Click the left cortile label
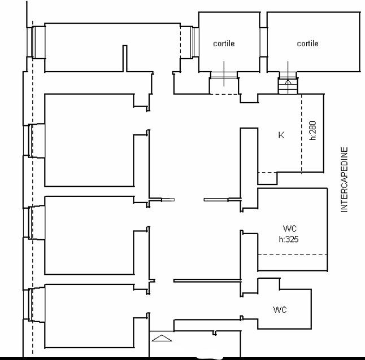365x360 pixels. [x=224, y=43]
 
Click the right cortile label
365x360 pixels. [x=307, y=43]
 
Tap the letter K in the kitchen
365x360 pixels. [x=281, y=135]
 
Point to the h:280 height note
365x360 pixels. [x=313, y=130]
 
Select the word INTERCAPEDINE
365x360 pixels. [x=344, y=179]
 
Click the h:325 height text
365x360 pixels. [x=289, y=239]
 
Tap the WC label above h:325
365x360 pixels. [x=290, y=229]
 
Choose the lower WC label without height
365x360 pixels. [x=280, y=310]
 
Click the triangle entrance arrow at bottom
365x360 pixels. [x=162, y=338]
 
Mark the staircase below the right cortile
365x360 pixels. [x=288, y=83]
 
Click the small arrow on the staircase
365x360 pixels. [x=288, y=82]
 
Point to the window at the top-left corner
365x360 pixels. [x=31, y=42]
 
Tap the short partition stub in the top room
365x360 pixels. [x=125, y=59]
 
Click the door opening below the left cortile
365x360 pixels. [x=224, y=75]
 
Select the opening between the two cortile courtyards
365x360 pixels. [x=263, y=42]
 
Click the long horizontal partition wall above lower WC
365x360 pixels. [x=207, y=281]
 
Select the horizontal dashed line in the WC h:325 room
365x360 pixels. [x=293, y=254]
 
